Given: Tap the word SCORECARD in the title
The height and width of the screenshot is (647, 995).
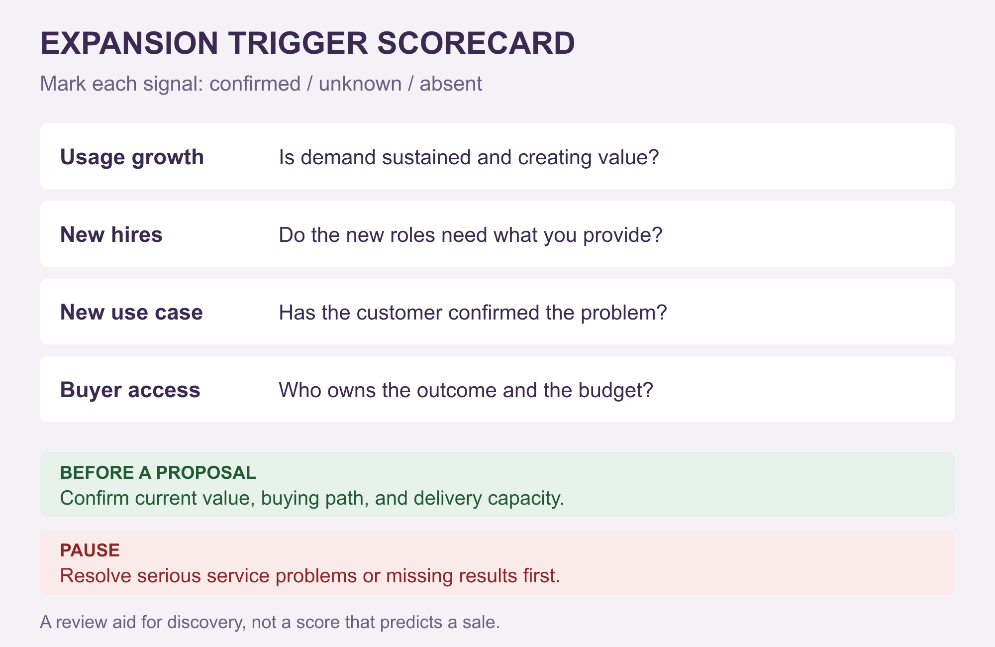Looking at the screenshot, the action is (x=476, y=43).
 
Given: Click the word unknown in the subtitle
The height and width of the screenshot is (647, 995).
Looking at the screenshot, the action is (x=360, y=84).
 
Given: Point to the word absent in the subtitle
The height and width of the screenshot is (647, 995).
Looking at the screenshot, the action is (x=451, y=84).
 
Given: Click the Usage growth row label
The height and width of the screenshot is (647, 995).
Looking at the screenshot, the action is (x=132, y=157).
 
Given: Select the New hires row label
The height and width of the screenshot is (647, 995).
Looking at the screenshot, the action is (x=111, y=234).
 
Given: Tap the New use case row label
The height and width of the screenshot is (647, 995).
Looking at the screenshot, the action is (x=131, y=313).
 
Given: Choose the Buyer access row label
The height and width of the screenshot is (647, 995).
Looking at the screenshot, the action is (x=130, y=390).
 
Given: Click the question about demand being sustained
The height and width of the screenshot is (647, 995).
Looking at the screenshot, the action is (x=469, y=157).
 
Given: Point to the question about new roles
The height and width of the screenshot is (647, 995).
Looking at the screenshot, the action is (x=471, y=235).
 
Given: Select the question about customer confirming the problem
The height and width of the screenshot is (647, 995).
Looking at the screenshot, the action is (x=473, y=313).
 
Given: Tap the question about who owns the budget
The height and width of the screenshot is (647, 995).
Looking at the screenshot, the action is (x=466, y=390).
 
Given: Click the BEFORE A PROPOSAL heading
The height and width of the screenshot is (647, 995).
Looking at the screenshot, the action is (x=158, y=472).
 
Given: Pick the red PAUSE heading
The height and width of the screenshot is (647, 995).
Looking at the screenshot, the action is (x=90, y=550).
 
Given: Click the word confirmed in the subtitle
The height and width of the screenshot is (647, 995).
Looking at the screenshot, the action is (x=255, y=84).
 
